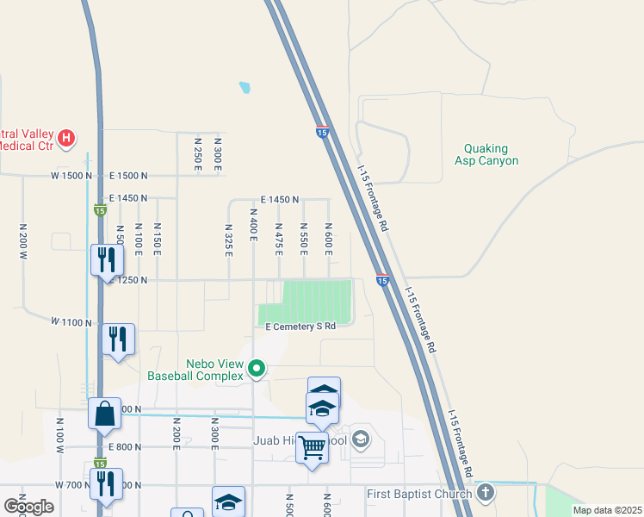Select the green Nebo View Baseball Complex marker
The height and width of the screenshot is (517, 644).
tap(256, 370)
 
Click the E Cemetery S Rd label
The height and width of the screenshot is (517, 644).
tap(300, 327)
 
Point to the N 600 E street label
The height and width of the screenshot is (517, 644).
tap(328, 238)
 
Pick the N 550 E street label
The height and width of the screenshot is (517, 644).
tap(304, 238)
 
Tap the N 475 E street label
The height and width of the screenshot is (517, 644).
tap(279, 238)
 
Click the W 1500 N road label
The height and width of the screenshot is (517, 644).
tap(71, 176)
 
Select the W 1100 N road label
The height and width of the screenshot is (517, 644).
tap(71, 321)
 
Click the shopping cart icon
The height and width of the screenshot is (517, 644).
tap(313, 446)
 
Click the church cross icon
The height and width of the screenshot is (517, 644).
tap(486, 494)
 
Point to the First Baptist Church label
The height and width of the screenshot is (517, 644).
tap(418, 494)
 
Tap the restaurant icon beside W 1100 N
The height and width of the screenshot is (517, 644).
tap(117, 339)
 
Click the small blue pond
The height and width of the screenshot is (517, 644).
tap(245, 87)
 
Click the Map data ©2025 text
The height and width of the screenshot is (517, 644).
tap(607, 510)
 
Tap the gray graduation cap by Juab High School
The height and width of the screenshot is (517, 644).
tap(360, 440)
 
